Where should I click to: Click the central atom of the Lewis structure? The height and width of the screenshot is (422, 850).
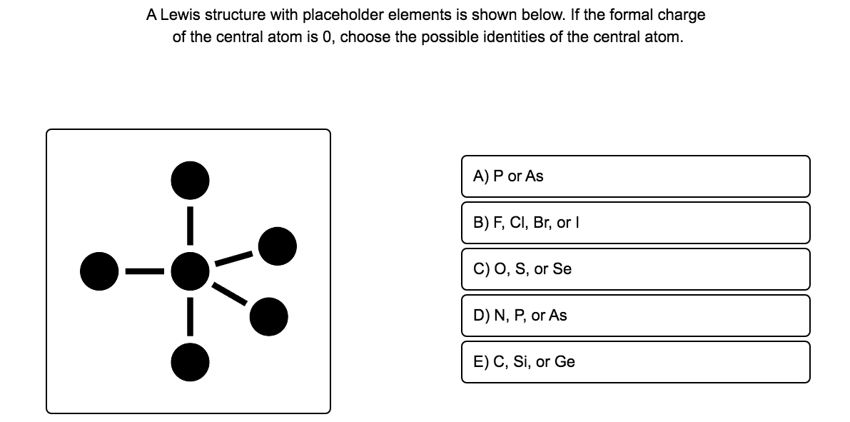pos(189,270)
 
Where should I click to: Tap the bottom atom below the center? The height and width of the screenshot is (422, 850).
pos(190,361)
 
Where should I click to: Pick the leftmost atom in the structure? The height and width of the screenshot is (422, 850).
pos(98,270)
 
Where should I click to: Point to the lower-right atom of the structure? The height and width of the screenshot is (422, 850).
pos(269,315)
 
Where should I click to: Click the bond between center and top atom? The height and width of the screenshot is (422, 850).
pos(190,224)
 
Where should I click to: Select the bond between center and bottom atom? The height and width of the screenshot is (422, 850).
pos(190,315)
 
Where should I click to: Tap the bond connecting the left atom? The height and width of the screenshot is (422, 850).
pos(144,271)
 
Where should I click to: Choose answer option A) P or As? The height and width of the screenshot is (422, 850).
pos(635,176)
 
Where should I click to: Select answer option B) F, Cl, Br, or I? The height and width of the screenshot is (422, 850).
pos(635,223)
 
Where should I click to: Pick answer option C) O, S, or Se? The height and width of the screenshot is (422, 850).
pos(635,269)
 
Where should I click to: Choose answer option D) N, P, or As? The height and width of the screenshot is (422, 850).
pos(635,316)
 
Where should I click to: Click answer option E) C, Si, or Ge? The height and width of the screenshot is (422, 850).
pos(635,362)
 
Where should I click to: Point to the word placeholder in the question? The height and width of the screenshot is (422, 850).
pos(341,15)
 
